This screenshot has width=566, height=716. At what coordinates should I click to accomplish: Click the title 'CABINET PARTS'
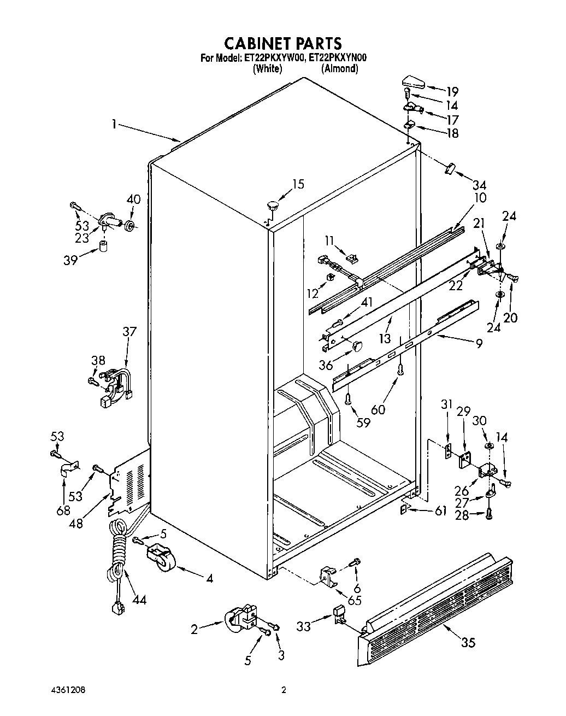tap(283, 43)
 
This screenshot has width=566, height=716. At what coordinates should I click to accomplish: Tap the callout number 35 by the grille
tap(468, 643)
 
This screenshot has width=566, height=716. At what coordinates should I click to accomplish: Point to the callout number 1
tap(114, 125)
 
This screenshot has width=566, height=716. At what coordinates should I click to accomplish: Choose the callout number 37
tap(129, 332)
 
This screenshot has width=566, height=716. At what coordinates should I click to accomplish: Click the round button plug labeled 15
tap(272, 206)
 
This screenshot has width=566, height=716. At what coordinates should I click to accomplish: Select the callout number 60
tap(378, 409)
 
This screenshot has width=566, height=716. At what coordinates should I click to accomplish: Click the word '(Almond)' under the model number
tap(339, 69)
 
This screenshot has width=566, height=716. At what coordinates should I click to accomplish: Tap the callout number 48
tap(76, 523)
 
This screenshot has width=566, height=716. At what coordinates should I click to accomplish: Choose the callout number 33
tap(303, 626)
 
